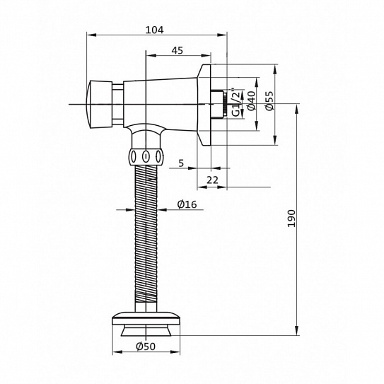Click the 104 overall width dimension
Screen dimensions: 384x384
click(153, 30)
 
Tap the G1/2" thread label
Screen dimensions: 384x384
click(238, 103)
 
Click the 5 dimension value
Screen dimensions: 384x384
click(181, 163)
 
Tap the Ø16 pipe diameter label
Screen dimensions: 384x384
click(187, 204)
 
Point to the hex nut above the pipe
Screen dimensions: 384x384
click(145, 156)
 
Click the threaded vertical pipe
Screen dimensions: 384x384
click(146, 233)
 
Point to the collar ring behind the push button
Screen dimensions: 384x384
click(116, 104)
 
